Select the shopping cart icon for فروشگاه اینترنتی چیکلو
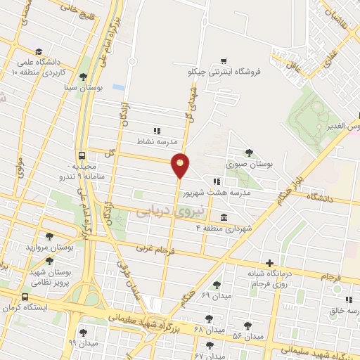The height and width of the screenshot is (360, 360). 223,61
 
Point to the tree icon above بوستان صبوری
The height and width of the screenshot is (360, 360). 247,153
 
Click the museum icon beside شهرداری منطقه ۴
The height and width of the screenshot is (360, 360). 224,217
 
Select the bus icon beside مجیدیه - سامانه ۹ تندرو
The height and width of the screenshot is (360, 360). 82,155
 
